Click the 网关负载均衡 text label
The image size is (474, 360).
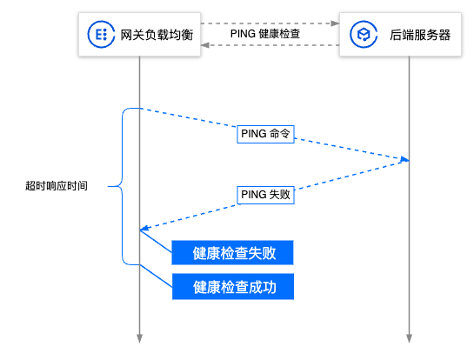[x=157, y=35]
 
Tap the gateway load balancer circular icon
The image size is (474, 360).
[x=101, y=34]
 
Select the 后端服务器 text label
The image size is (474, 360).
[x=420, y=35]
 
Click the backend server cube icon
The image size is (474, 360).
[x=364, y=34]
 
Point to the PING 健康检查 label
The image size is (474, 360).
[x=265, y=34]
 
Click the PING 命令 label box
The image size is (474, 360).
[x=265, y=134]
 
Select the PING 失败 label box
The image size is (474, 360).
[x=265, y=195]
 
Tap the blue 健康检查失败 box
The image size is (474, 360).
[x=232, y=253]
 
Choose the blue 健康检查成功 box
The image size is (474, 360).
[x=233, y=287]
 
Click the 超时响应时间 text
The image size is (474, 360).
[x=57, y=185]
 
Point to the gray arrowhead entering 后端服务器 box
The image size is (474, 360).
[x=335, y=23]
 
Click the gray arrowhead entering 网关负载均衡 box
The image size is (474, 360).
[x=205, y=45]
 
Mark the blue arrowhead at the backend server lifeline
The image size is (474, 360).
[x=404, y=159]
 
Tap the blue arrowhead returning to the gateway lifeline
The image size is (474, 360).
[x=144, y=228]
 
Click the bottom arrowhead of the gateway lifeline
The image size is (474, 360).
[x=139, y=338]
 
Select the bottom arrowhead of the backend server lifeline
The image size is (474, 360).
[x=409, y=338]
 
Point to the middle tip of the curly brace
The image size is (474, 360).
[x=108, y=186]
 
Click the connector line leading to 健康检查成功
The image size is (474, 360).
[x=156, y=276]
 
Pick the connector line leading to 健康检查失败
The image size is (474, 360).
[x=156, y=241]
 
